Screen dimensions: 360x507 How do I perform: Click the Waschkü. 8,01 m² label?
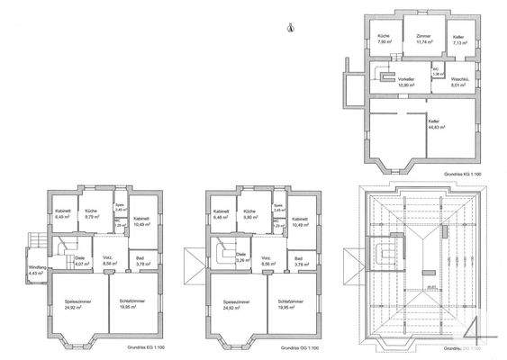pos(457,84)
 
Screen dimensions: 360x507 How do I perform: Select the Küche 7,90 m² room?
pos(383,40)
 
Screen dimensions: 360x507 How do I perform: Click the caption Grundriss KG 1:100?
pos(461,171)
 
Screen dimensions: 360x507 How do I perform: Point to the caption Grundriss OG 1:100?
pos(297,346)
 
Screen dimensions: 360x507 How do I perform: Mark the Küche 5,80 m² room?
pos(251,215)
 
